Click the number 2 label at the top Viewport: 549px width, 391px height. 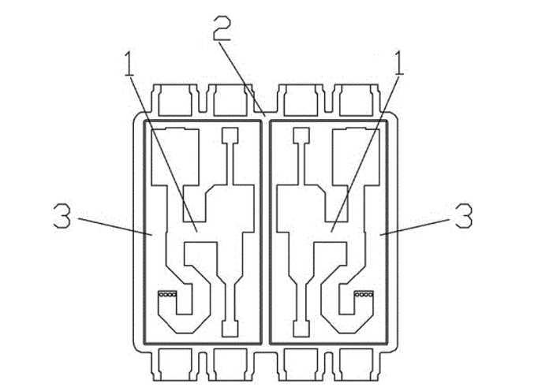click(222, 28)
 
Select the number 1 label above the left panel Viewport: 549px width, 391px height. click(129, 63)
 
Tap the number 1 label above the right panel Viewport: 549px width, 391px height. click(399, 63)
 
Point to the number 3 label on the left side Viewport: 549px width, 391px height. click(62, 216)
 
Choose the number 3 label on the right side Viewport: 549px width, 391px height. click(463, 216)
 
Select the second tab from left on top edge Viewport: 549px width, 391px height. click(230, 100)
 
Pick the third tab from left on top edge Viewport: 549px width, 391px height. click(301, 100)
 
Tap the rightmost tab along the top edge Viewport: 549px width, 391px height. click(356, 100)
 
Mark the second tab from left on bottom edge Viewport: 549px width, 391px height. click(230, 364)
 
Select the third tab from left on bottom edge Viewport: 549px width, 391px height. click(301, 364)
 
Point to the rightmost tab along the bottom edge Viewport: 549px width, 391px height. click(356, 364)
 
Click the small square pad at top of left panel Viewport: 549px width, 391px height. click(230, 135)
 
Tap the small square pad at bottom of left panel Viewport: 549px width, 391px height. click(230, 329)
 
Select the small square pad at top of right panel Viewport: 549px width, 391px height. click(301, 135)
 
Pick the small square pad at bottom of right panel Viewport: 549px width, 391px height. click(301, 329)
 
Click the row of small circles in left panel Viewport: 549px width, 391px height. click(167, 294)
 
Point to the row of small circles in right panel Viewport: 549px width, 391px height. click(364, 294)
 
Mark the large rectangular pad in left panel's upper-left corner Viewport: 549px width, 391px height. click(175, 157)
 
